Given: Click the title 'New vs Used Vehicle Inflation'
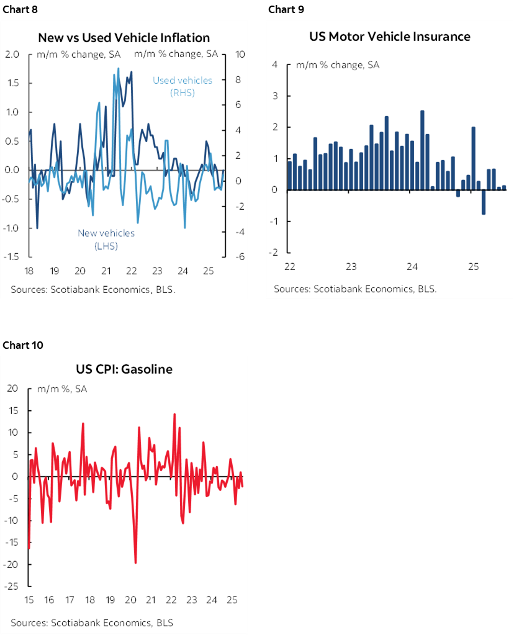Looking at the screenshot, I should click(124, 38).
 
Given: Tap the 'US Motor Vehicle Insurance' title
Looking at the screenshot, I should click(390, 37).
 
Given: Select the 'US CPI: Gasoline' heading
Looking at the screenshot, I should click(125, 369).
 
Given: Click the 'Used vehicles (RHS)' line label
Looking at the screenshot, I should click(183, 86).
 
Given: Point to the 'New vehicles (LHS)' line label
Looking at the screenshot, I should click(106, 239).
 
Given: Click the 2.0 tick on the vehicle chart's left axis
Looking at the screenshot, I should click(12, 54).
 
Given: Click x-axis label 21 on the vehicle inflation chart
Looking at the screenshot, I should click(106, 271).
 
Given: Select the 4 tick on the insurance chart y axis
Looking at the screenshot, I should click(273, 65).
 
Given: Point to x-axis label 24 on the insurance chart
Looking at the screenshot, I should click(412, 267).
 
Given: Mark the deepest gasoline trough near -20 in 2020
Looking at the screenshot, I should click(135, 562).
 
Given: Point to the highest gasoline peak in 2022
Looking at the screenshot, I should click(174, 414).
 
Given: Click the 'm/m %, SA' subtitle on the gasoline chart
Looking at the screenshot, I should click(62, 389).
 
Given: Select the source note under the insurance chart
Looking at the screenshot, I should click(355, 289).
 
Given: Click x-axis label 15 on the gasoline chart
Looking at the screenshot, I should click(29, 601).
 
